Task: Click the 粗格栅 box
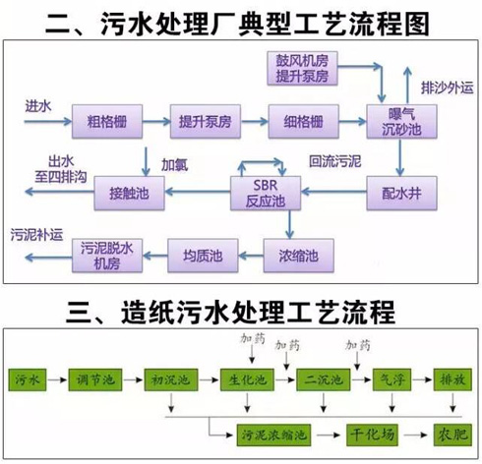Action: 107,121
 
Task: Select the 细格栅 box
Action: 303,121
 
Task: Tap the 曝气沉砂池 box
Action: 401,121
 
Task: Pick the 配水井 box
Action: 401,193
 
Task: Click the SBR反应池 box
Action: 266,193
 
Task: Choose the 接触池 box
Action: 129,193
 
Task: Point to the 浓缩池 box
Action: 298,256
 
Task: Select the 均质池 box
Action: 203,256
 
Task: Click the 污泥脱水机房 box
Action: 107,256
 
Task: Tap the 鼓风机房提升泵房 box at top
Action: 302,68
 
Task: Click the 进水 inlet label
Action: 38,106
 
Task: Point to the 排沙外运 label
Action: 448,87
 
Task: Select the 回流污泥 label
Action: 334,161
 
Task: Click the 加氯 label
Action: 174,165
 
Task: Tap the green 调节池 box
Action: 95,379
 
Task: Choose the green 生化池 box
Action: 247,379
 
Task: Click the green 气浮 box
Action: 392,379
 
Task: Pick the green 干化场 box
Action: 372,435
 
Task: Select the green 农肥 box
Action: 452,435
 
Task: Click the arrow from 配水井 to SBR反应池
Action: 333,192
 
